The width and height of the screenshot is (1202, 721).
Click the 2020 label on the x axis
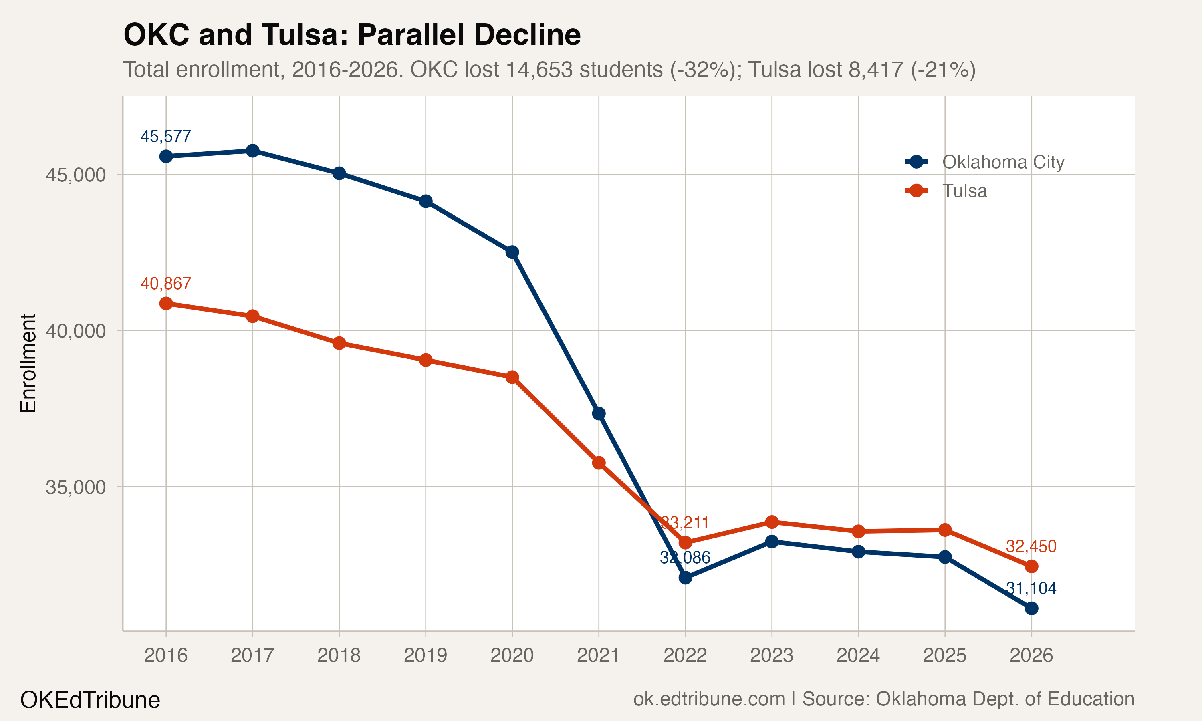[x=512, y=655]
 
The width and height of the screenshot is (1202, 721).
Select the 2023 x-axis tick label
[x=772, y=655]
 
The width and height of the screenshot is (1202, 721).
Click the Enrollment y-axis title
[x=28, y=363]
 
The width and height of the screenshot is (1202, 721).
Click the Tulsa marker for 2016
[x=166, y=304]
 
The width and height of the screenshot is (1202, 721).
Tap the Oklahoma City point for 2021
[x=599, y=413]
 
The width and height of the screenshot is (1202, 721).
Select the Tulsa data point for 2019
[x=426, y=360]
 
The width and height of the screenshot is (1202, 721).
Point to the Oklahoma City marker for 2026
[x=1031, y=608]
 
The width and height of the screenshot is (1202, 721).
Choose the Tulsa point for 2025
[x=944, y=530]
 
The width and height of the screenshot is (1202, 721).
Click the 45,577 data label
[x=166, y=136]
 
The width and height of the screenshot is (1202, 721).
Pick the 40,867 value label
[x=166, y=283]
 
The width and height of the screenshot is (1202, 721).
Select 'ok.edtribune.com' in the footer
[x=709, y=699]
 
